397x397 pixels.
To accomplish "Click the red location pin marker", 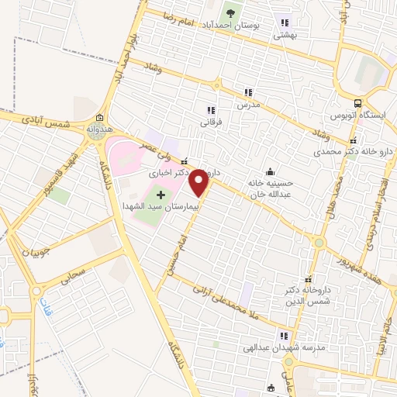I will pos(199,182).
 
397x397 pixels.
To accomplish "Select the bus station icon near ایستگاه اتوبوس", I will pos(357,103).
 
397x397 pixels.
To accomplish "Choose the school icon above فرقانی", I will pos(211,110).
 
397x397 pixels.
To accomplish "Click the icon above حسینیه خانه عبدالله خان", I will pos(269,171).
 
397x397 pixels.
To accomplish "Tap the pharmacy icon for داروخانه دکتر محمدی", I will pos(353,141).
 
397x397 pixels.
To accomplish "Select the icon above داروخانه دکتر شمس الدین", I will pos(309,279).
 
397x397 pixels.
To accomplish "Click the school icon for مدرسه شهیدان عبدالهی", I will pos(284,336).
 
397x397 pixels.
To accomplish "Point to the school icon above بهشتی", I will pos(285,22).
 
